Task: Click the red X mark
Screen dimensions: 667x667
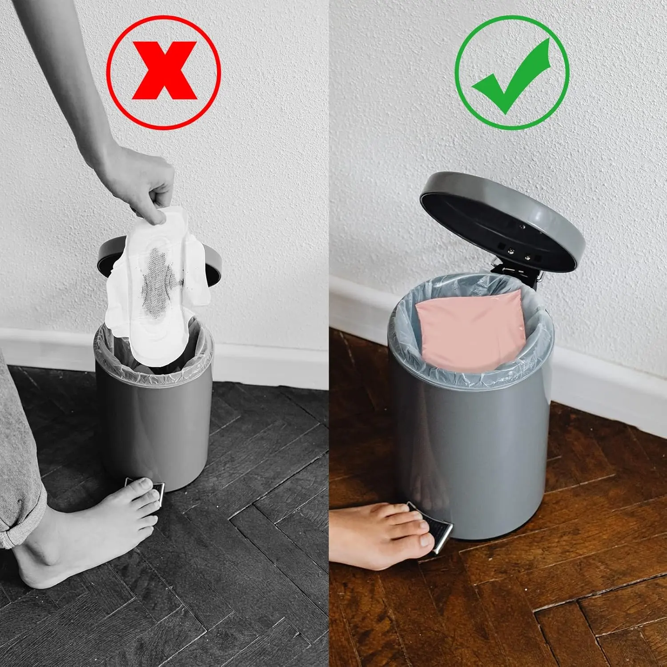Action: tap(164, 71)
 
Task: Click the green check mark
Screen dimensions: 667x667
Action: tap(511, 73)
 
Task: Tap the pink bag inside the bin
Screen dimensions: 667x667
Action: tap(467, 329)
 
